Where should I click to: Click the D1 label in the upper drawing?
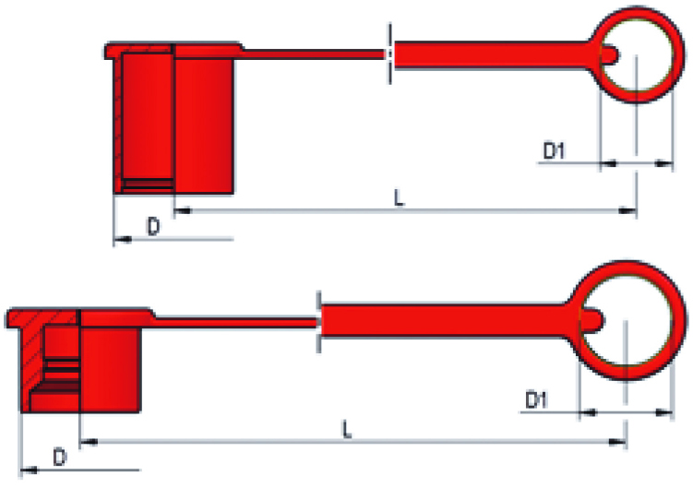tap(553, 150)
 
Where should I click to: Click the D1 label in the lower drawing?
tap(537, 399)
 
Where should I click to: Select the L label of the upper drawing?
tap(399, 197)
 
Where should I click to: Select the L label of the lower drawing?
tap(345, 429)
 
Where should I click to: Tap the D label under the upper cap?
tap(154, 227)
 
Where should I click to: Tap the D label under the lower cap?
tap(59, 457)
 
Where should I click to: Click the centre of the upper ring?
tap(636, 56)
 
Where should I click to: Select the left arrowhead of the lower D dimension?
tap(26, 470)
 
